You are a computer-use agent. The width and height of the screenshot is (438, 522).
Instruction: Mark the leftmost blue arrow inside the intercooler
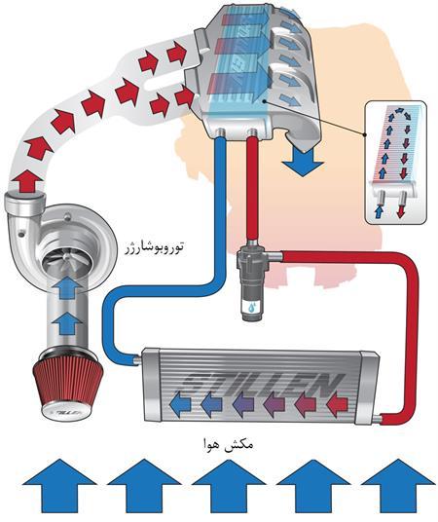(181, 400)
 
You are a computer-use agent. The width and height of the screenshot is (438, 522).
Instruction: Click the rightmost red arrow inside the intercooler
(340, 399)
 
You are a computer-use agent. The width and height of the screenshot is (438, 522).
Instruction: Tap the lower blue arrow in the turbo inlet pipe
(65, 323)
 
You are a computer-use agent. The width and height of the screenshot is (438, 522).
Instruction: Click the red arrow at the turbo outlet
(23, 181)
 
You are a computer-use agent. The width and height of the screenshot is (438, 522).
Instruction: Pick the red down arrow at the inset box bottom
(401, 205)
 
